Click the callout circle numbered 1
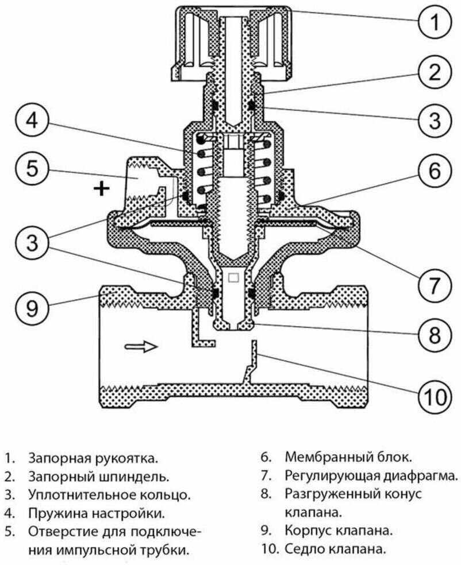click(435, 24)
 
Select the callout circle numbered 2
click(435, 72)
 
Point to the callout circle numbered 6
click(435, 171)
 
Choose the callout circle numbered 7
click(435, 284)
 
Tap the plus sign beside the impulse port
click(101, 188)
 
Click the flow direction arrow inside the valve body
click(141, 346)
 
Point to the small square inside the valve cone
click(233, 278)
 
